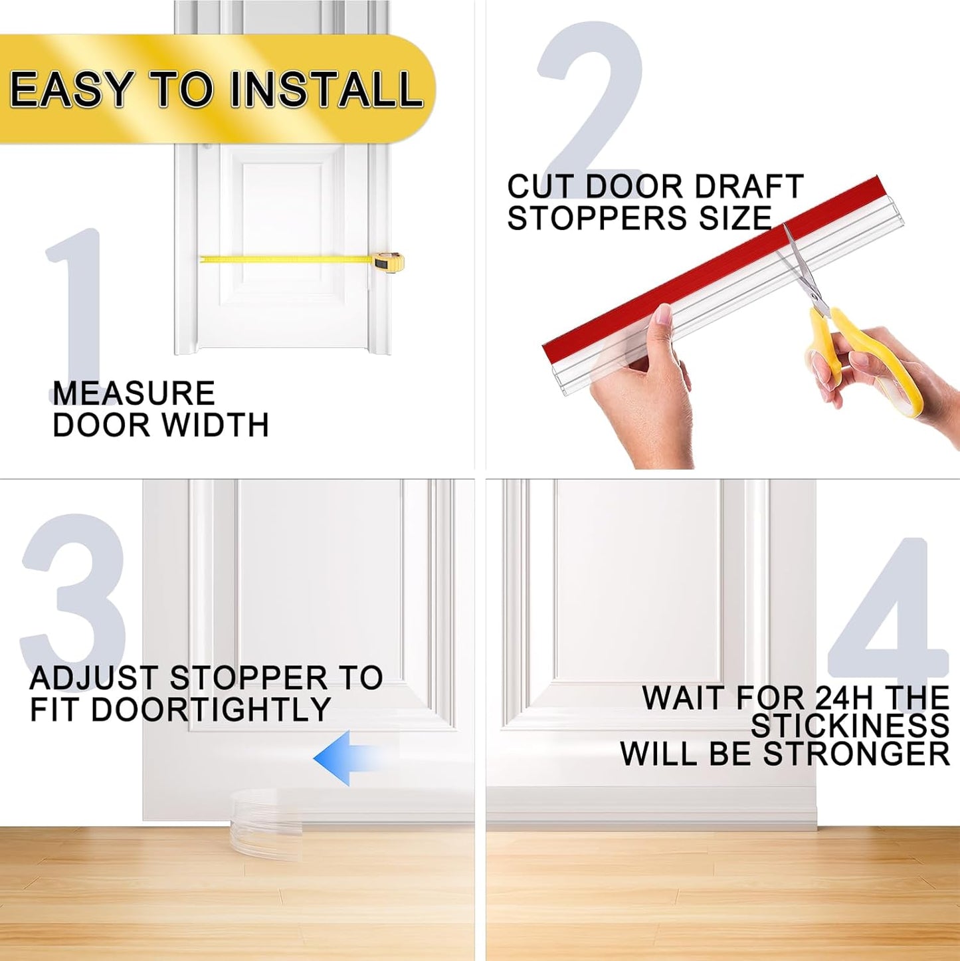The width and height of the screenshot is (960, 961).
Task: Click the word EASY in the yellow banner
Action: pos(71,90)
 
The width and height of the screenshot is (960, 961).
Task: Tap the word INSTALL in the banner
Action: pos(326,90)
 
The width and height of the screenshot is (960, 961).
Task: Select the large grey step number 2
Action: pos(591,100)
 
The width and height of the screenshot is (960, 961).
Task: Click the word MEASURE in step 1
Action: pos(134,393)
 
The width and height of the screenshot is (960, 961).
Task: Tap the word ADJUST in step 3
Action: pos(93,679)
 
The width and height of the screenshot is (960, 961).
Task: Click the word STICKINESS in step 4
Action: pos(850,726)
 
